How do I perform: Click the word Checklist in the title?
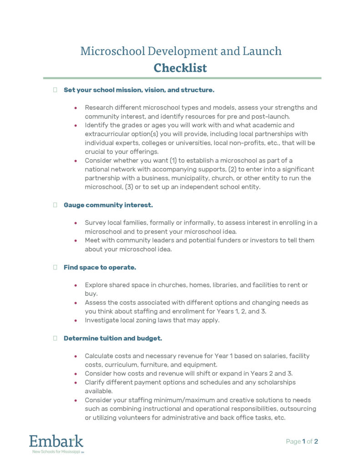coord(180,68)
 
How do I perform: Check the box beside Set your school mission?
coord(55,90)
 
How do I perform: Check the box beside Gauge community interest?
coord(55,205)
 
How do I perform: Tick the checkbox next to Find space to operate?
coord(55,268)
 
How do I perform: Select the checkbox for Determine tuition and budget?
coord(55,338)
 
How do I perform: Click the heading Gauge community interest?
coord(108,205)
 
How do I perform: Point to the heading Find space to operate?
coord(100,268)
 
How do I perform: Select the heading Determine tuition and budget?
coord(113,338)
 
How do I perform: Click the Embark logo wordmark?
coord(56,441)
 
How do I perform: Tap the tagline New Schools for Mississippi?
coord(56,452)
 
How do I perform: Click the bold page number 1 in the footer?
coord(304,441)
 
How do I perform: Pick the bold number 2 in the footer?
coord(316,441)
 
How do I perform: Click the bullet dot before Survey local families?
coord(76,223)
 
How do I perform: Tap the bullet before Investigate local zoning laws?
coord(76,320)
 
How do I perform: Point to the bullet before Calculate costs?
coord(76,356)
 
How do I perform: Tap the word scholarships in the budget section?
coord(275,382)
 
